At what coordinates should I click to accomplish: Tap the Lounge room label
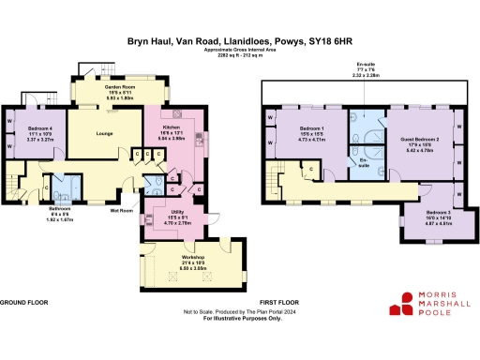(x=104, y=134)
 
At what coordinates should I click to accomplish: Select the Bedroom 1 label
(x=311, y=127)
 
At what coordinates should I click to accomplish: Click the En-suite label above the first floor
(x=367, y=63)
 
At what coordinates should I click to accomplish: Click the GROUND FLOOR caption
(x=23, y=303)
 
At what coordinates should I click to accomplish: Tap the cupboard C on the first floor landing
(x=310, y=169)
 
